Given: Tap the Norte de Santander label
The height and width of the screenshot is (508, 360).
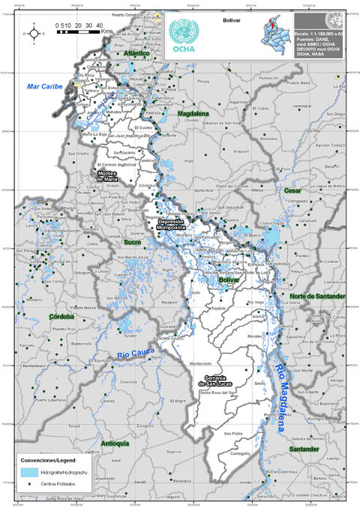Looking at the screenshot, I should pyautogui.click(x=317, y=296).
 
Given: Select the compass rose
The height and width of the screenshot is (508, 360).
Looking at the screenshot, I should pyautogui.click(x=33, y=32).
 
